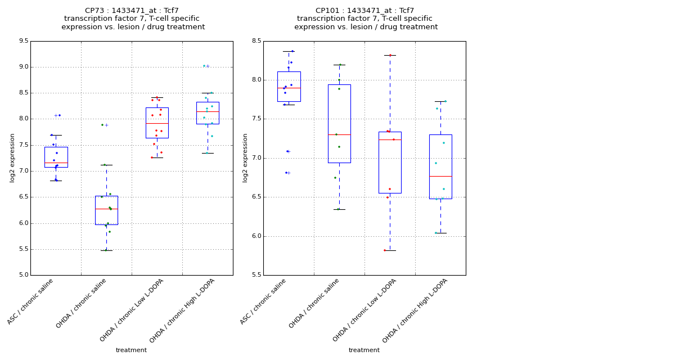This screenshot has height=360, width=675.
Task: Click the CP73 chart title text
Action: click(132, 19)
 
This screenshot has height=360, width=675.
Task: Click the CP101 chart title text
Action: click(365, 19)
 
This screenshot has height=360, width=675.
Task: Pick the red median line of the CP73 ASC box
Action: click(56, 163)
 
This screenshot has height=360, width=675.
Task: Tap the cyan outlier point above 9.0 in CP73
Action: click(204, 66)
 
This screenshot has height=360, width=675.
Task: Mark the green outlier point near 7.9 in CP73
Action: click(102, 125)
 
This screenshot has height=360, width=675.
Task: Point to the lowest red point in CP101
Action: click(385, 250)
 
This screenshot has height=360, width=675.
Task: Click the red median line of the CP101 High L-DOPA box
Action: click(440, 176)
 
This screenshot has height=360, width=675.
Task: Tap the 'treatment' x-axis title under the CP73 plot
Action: click(131, 350)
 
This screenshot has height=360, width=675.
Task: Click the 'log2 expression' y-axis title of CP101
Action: click(245, 157)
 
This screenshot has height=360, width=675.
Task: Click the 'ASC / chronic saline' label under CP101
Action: click(263, 301)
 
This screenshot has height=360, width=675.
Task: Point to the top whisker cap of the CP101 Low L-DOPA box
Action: click(390, 55)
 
